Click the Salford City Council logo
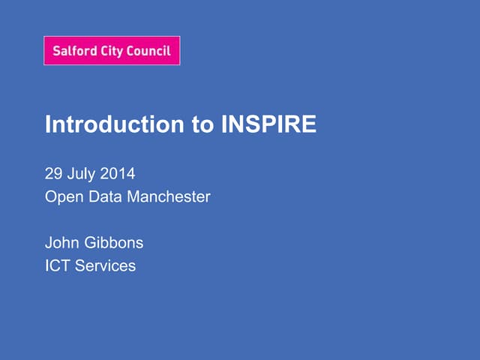[112, 51]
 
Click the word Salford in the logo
[74, 52]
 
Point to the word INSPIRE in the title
[269, 124]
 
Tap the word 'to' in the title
[203, 124]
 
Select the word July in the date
[81, 174]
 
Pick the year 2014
[117, 174]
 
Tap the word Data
[104, 197]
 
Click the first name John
[61, 242]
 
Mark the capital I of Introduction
[48, 124]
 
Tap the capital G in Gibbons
[89, 242]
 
